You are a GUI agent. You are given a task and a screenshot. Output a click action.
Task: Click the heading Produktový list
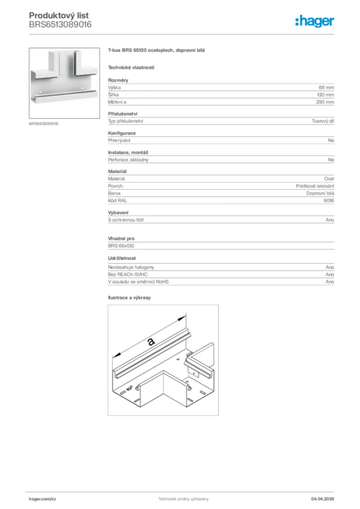click(x=59, y=16)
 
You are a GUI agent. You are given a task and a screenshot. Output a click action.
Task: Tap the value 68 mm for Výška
click(x=326, y=87)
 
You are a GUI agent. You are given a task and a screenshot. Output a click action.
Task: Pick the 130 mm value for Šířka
click(x=325, y=94)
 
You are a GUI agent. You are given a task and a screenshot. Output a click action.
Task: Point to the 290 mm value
click(x=325, y=102)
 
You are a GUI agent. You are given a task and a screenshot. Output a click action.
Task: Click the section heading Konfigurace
click(x=122, y=133)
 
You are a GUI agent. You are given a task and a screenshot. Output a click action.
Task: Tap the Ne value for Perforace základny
click(x=331, y=160)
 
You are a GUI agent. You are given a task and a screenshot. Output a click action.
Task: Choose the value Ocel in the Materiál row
click(x=329, y=178)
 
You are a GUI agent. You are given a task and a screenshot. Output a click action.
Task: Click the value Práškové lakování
click(x=315, y=185)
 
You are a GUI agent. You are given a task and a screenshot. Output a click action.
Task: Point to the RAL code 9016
click(x=329, y=200)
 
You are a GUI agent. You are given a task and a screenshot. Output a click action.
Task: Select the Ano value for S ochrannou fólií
click(x=330, y=220)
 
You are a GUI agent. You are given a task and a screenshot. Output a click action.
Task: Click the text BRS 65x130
click(x=122, y=246)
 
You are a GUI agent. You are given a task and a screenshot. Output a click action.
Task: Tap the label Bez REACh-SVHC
click(x=128, y=274)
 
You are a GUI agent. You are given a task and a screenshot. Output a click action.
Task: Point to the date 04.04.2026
click(x=322, y=499)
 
